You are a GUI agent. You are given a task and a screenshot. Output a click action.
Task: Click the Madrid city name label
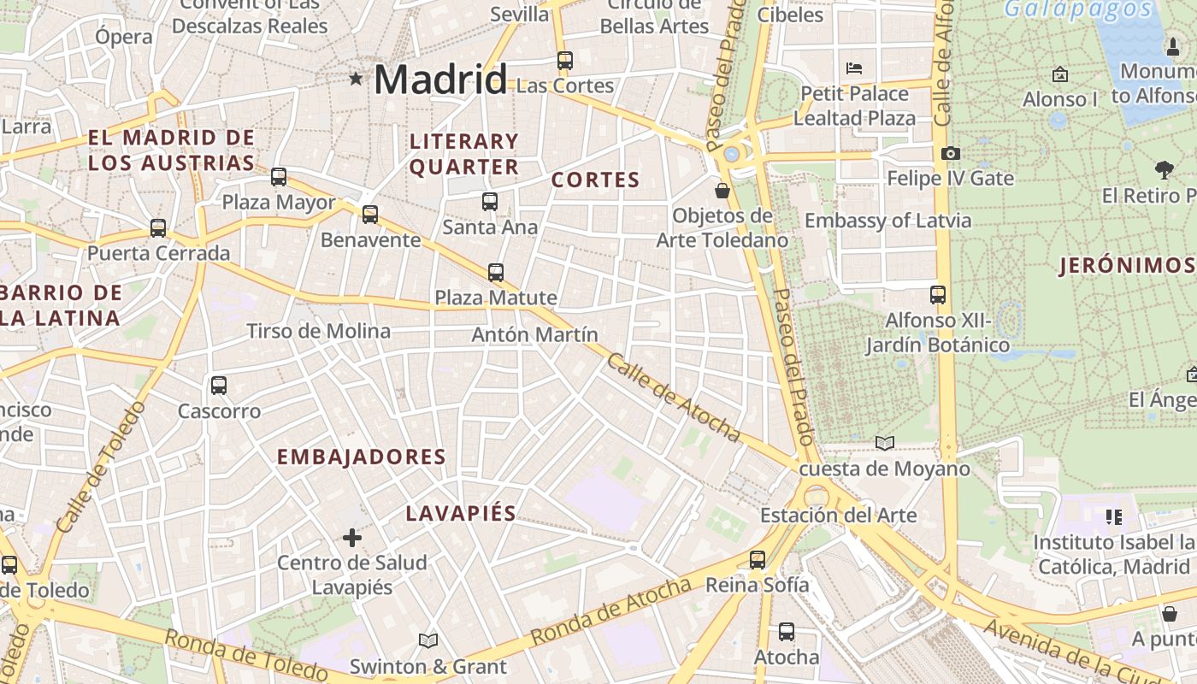pos(440,80)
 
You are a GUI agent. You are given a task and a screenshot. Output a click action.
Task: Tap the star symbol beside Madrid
pos(356,80)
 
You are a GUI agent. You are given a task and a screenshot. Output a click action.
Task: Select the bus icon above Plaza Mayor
pos(279,177)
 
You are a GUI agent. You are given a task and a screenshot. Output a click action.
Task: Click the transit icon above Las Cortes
pos(564,61)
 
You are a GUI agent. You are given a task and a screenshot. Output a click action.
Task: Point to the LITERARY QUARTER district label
pos(464,154)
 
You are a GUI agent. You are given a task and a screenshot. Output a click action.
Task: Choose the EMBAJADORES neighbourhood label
pos(362,457)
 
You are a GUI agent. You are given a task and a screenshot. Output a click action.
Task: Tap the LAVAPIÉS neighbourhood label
pos(461,513)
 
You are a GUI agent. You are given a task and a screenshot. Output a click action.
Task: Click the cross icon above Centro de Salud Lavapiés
pos(352,538)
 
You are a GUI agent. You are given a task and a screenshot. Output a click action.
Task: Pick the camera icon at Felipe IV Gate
pos(950,154)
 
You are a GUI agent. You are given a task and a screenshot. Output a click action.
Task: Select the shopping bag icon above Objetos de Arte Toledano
pos(722,190)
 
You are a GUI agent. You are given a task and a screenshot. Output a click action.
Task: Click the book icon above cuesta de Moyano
pos(885,443)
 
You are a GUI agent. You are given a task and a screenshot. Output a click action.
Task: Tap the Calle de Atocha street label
pos(674,398)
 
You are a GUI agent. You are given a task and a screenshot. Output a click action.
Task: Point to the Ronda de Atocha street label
pos(610,611)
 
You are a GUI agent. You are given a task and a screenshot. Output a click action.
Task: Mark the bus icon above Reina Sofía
pos(758,560)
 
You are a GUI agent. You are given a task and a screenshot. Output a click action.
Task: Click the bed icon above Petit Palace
pos(853,68)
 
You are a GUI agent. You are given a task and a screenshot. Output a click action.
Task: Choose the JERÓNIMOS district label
pos(1127,266)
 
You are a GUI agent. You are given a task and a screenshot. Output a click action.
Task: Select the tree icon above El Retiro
pos(1164,169)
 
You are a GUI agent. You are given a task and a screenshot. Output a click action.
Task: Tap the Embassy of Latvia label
pos(887,221)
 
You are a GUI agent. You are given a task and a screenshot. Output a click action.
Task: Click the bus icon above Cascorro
pos(219,386)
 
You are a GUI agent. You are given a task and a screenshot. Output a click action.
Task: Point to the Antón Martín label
pos(534,334)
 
